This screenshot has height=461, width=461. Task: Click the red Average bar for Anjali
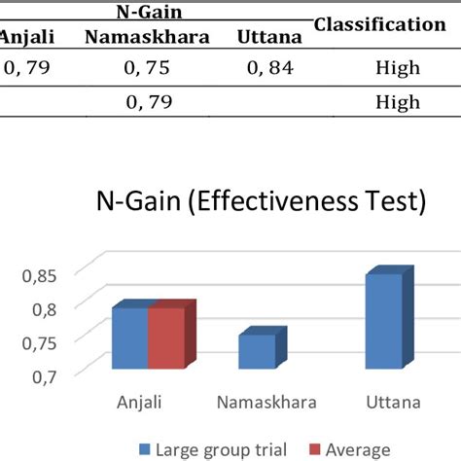tap(165, 338)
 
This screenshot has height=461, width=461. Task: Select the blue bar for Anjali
tap(129, 338)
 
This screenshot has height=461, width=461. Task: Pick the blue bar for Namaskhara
tap(257, 352)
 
